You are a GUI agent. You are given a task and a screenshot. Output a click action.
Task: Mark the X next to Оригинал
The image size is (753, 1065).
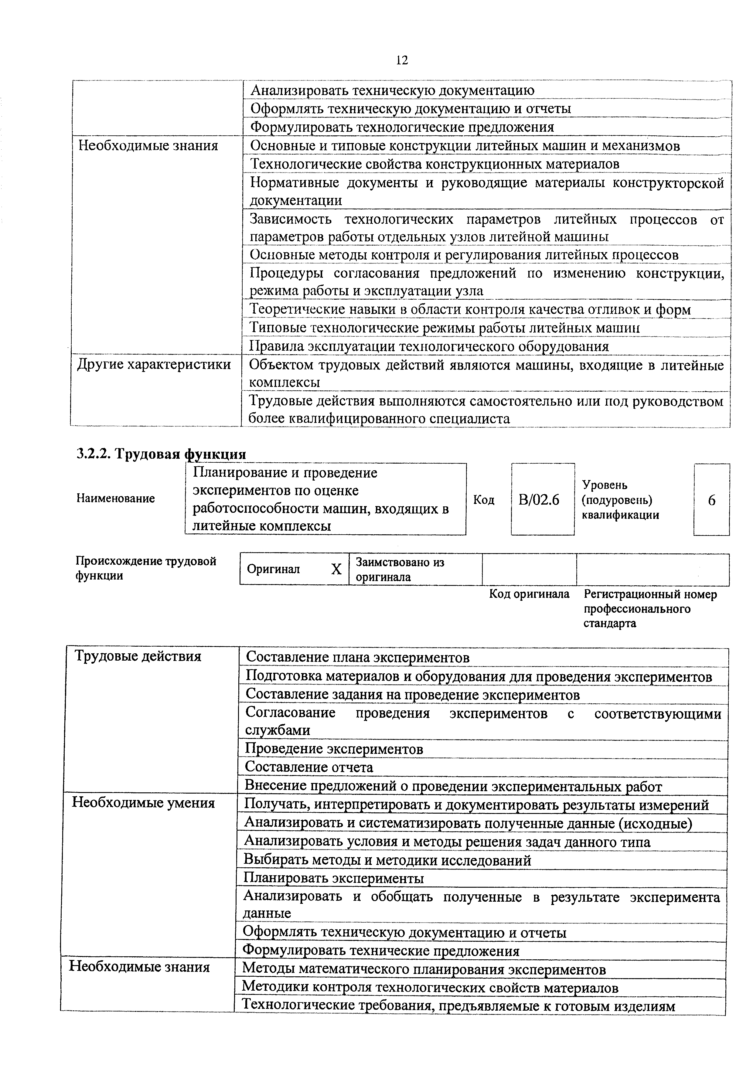click(336, 569)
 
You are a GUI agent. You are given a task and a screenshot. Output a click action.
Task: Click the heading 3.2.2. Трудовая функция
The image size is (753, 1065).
click(161, 453)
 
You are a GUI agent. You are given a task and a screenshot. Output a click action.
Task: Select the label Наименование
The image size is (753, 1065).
click(115, 498)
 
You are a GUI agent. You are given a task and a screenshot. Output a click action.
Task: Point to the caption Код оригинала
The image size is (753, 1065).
click(529, 594)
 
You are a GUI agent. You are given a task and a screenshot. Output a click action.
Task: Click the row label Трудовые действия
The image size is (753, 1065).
click(138, 656)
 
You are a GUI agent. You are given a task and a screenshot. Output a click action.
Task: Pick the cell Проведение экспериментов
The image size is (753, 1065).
click(334, 749)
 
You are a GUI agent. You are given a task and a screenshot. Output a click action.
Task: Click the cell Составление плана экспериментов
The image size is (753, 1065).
click(357, 657)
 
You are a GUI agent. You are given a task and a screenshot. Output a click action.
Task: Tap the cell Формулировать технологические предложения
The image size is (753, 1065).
click(402, 127)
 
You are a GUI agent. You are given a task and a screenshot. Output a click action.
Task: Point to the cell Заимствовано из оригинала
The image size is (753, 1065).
click(400, 570)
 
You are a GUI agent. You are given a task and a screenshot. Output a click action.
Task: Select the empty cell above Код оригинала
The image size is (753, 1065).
click(529, 570)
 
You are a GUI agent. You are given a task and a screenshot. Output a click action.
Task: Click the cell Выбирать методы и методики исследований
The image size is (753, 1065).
click(387, 860)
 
